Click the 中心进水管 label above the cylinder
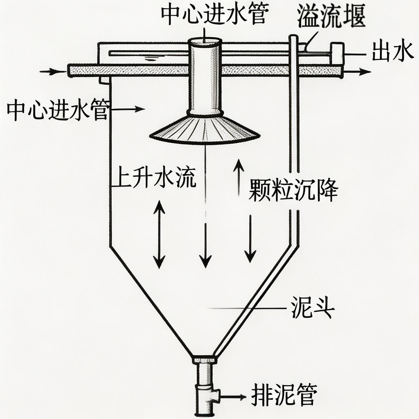tap(215, 14)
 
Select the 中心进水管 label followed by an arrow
tap(57, 109)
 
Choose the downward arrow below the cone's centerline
tap(206, 246)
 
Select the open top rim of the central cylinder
tap(205, 41)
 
